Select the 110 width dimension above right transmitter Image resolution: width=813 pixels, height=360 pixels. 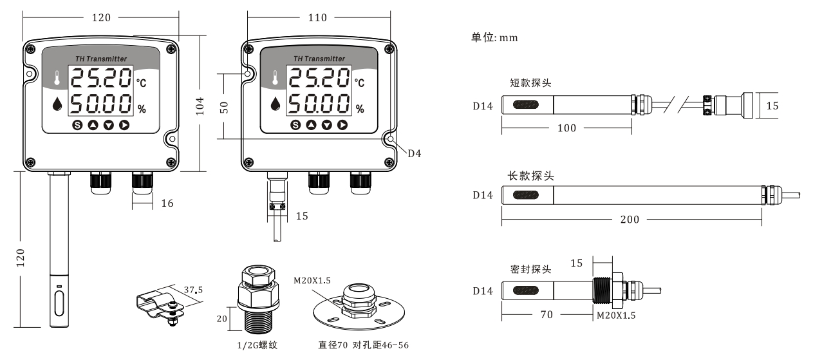[x=318, y=18]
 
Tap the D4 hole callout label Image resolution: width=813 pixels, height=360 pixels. [x=414, y=153]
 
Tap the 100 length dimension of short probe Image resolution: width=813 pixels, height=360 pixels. [x=566, y=128]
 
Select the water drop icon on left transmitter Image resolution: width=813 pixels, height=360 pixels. [x=59, y=104]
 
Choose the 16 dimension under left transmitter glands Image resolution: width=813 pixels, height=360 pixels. [x=167, y=204]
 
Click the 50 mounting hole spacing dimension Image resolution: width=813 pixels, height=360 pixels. [x=225, y=106]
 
